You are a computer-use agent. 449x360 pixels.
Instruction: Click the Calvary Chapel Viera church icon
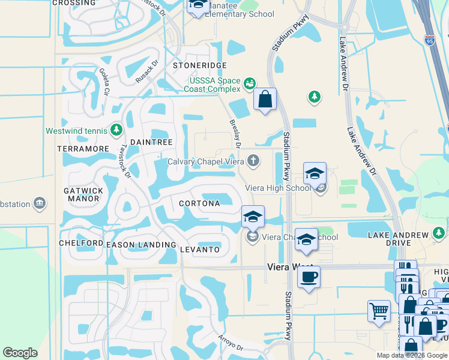pos(254,161)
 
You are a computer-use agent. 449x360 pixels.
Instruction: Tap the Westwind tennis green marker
pos(116,130)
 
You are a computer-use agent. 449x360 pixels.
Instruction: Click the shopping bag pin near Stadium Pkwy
pos(265,100)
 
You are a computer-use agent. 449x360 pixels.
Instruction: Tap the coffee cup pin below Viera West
pos(309,277)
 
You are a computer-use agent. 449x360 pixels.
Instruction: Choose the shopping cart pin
pos(379,311)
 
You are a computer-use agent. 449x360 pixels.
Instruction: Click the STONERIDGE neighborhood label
pos(200,65)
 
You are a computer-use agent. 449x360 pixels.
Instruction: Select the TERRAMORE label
pos(83,148)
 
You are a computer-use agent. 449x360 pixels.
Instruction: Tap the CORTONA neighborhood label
pos(199,203)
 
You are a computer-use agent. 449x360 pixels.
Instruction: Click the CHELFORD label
pos(81,243)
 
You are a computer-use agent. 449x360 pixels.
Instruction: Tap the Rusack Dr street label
pos(146,72)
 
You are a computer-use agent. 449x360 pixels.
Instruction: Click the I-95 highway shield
pos(429,40)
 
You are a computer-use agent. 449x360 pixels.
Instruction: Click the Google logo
pos(20,353)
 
